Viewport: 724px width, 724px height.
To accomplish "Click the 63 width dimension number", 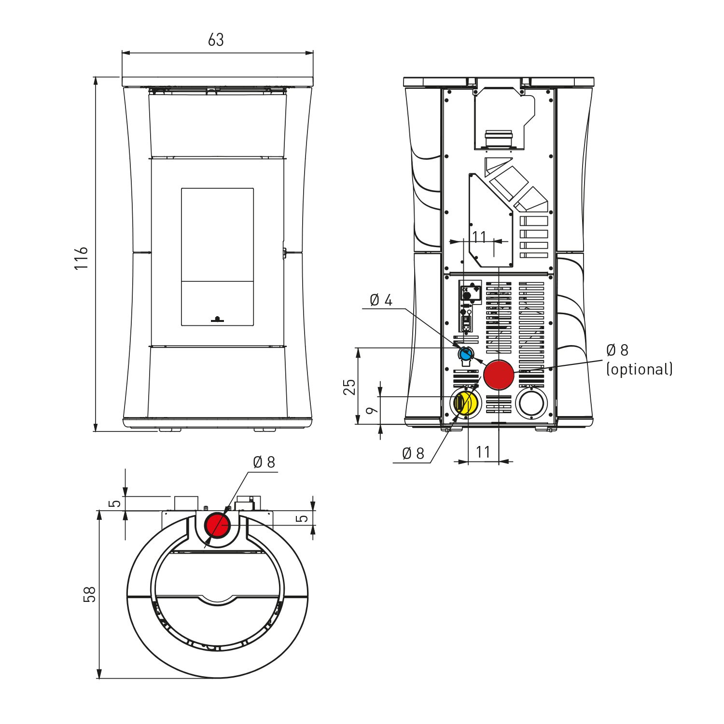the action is [x=216, y=40].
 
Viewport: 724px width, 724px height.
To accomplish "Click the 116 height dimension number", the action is [x=82, y=258].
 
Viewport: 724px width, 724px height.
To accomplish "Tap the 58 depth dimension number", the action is [x=90, y=594].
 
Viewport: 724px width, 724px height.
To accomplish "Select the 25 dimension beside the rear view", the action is [x=349, y=387].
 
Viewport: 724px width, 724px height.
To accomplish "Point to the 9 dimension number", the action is [x=372, y=411].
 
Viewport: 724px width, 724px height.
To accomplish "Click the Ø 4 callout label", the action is [x=381, y=300].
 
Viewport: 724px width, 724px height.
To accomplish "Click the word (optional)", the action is [x=640, y=369].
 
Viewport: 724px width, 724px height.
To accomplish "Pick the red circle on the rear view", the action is [x=499, y=375].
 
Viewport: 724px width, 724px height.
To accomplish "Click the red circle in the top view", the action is [x=218, y=525].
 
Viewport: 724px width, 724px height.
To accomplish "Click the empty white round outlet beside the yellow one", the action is [x=531, y=403].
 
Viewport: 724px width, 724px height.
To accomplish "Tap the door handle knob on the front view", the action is [x=217, y=319].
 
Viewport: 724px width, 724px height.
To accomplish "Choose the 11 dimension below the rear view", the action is [x=483, y=452].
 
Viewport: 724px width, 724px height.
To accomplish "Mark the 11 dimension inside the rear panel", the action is [x=479, y=237].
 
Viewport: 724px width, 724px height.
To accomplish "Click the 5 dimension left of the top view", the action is [x=115, y=503].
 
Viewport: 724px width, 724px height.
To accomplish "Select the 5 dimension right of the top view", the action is [x=302, y=518].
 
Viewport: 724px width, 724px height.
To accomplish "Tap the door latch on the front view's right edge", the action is [x=285, y=252].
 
